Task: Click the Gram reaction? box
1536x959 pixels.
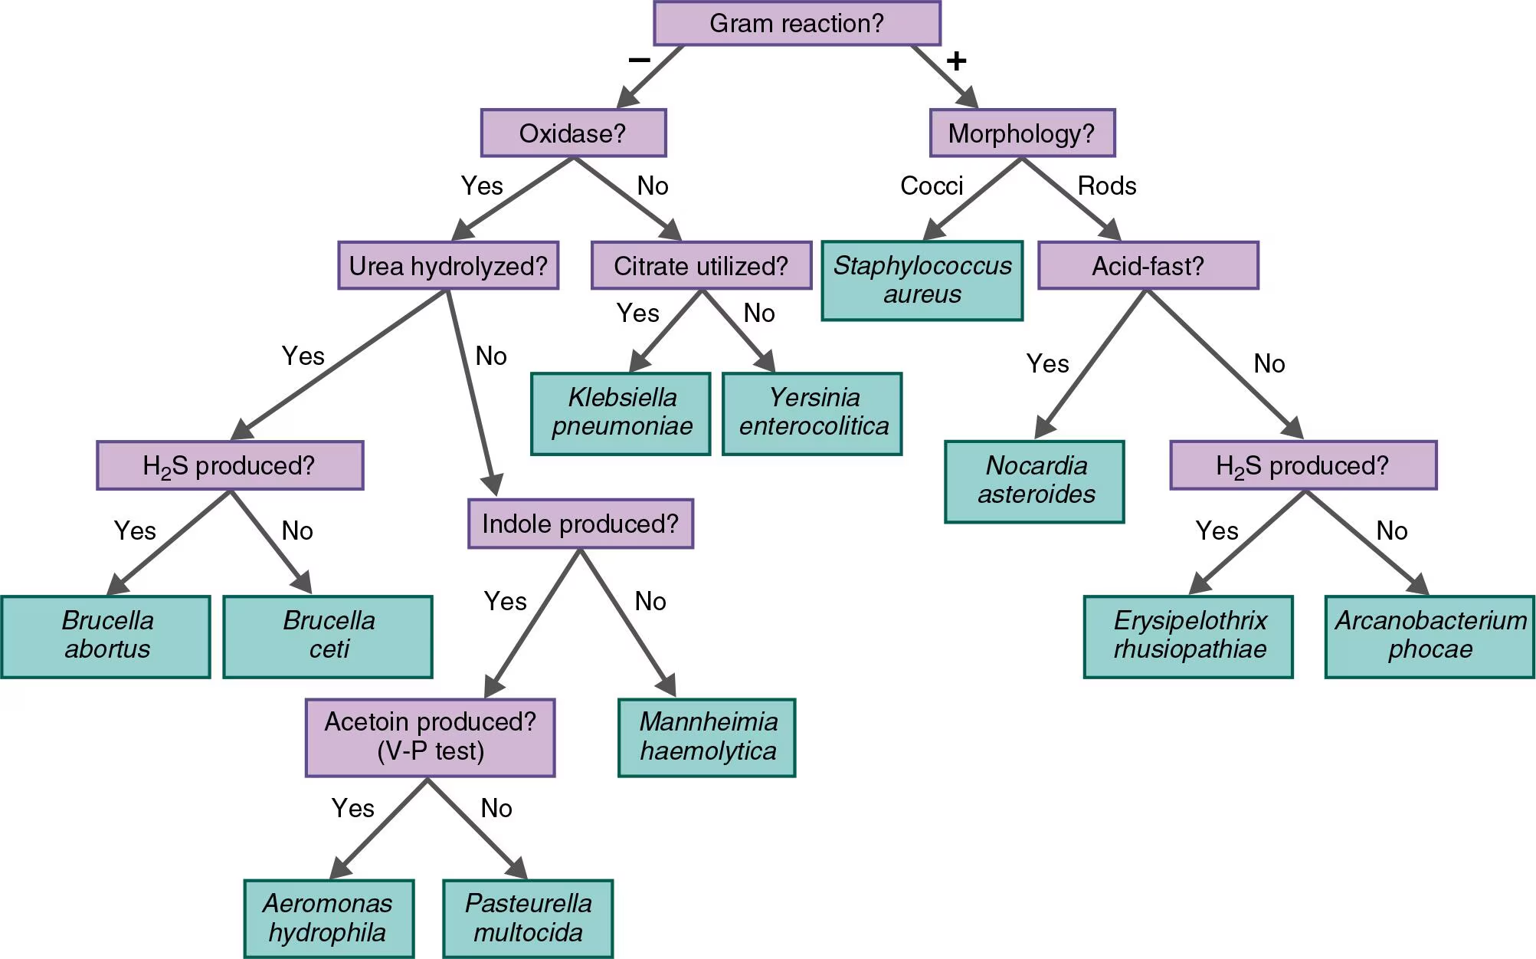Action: coord(797,23)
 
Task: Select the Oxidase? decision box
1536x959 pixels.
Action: coord(573,133)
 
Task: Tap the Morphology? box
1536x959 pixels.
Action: coord(1022,133)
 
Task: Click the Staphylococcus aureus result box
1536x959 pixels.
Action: coord(922,281)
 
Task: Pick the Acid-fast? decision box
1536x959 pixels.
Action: coord(1148,266)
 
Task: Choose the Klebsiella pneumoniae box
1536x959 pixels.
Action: coord(621,413)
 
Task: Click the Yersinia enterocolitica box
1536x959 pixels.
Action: coord(813,413)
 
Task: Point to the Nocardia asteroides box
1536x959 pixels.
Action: coord(1035,481)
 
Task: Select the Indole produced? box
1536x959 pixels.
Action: coord(580,524)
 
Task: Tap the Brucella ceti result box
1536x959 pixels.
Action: coord(328,636)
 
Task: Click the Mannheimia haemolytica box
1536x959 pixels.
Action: coord(707,737)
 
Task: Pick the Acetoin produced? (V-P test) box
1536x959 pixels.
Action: coord(430,737)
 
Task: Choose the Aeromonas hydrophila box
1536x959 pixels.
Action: coord(329,918)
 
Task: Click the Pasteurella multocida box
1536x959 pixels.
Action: coord(528,918)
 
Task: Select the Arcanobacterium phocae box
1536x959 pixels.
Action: coord(1430,636)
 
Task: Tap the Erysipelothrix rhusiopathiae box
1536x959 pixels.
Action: coord(1188,636)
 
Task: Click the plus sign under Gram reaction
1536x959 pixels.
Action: coord(956,61)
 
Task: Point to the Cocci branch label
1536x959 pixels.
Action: coord(931,186)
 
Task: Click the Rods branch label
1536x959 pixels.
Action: coord(1106,186)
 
